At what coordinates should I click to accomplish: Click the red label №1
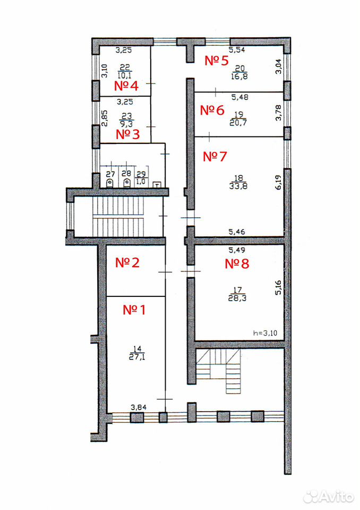pyautogui.click(x=134, y=310)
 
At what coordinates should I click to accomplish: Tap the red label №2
pyautogui.click(x=127, y=263)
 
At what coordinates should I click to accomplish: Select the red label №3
pyautogui.click(x=128, y=134)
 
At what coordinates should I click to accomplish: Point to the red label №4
pyautogui.click(x=126, y=86)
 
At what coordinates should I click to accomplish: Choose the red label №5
pyautogui.click(x=217, y=61)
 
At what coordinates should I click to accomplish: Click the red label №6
pyautogui.click(x=212, y=110)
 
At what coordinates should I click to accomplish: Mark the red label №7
pyautogui.click(x=215, y=156)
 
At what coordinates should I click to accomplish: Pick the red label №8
pyautogui.click(x=237, y=263)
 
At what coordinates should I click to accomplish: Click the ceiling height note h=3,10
pyautogui.click(x=265, y=333)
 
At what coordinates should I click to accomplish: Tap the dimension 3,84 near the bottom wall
pyautogui.click(x=139, y=407)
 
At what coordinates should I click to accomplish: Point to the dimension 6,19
pyautogui.click(x=278, y=182)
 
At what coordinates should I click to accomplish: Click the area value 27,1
pyautogui.click(x=138, y=357)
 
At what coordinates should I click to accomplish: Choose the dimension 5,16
pyautogui.click(x=278, y=287)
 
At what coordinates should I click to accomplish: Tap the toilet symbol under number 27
pyautogui.click(x=110, y=183)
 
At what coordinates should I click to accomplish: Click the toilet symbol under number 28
pyautogui.click(x=127, y=183)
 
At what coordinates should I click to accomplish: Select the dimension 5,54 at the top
pyautogui.click(x=237, y=50)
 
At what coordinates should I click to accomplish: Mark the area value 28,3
pyautogui.click(x=237, y=298)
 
